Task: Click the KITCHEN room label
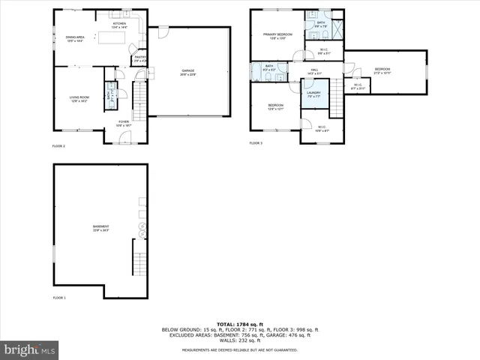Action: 119,25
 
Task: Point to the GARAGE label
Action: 187,71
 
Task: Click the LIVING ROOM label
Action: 79,97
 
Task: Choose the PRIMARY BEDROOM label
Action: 277,34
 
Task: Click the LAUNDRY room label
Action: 313,92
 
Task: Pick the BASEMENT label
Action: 100,227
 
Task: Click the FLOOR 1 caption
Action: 59,298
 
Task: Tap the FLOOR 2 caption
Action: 58,145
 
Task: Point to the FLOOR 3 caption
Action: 256,142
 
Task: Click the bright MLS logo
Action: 29,349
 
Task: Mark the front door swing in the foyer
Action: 126,136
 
